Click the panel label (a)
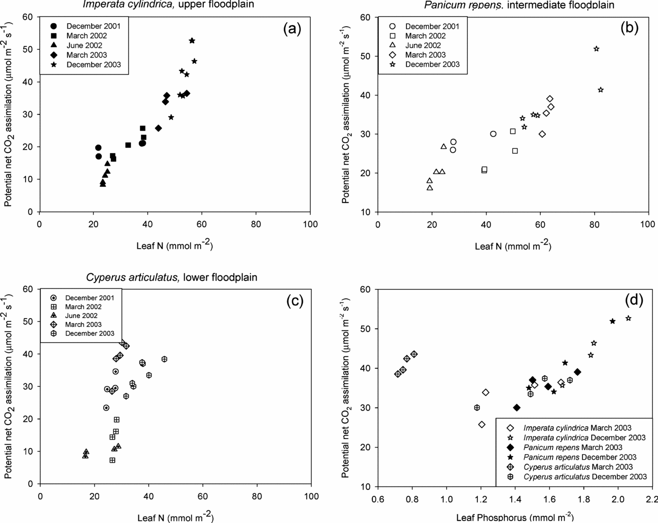tap(291, 29)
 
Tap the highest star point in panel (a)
tap(192, 41)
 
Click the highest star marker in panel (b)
tap(596, 49)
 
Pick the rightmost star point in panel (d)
tap(628, 319)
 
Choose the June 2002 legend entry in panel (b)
tap(424, 45)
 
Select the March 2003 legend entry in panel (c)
tap(83, 325)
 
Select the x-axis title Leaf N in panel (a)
tap(175, 246)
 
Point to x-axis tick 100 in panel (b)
tap(648, 224)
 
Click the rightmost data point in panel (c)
tap(164, 359)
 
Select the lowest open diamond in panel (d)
tap(481, 425)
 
